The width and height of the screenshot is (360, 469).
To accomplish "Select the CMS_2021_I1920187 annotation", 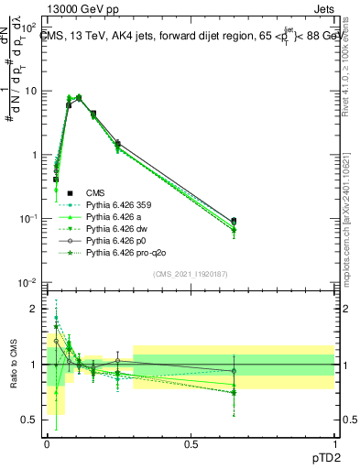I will point(190,272).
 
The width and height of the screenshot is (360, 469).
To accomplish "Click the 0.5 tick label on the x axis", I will point(191,442).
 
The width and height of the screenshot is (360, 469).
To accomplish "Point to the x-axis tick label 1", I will point(334,442).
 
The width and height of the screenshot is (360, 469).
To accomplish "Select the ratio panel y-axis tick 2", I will point(36,309).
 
